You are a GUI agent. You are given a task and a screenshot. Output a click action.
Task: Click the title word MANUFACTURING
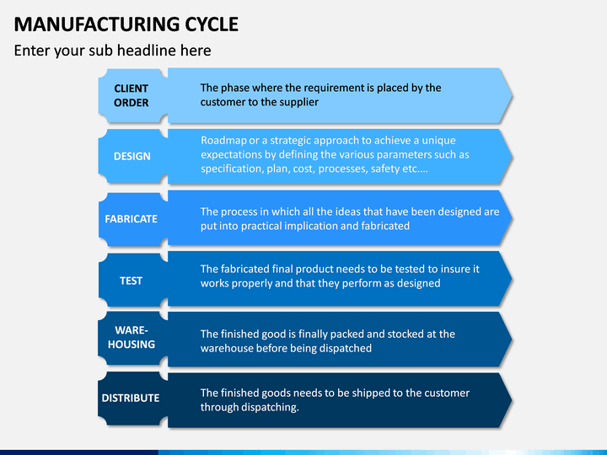(97, 24)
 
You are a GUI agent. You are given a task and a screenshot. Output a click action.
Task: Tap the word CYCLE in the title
(212, 24)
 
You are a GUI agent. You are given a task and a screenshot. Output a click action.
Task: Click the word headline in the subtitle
(147, 51)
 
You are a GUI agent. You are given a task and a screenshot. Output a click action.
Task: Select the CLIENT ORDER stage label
(132, 95)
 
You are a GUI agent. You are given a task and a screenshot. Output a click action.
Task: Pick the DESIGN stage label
(132, 157)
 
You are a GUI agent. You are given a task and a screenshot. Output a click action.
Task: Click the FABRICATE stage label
(132, 219)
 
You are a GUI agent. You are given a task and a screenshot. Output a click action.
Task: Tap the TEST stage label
(132, 281)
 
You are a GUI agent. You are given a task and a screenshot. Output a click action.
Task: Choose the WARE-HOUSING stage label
(132, 337)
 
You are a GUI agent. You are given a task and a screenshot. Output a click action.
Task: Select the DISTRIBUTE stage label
(131, 398)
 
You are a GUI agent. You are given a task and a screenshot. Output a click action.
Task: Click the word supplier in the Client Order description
(298, 103)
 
